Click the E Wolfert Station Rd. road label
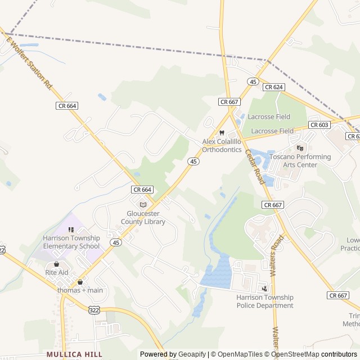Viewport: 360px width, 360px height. (29, 61)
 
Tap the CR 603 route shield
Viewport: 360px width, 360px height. (319, 125)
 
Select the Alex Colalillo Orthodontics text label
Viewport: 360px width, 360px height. (222, 146)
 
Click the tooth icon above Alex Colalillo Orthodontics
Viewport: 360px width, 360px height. (222, 133)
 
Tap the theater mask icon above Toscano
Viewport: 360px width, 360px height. (300, 148)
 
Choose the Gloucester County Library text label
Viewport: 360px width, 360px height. (143, 218)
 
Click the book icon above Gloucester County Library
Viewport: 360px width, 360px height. (142, 205)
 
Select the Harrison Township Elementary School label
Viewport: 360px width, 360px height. (71, 242)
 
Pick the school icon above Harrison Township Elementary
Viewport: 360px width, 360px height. (71, 229)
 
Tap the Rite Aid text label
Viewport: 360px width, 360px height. (57, 272)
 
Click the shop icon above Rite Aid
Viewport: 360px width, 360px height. (56, 264)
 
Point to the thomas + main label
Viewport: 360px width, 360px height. (80, 290)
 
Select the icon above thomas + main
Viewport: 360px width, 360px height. (80, 282)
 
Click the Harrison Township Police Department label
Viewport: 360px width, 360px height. (264, 301)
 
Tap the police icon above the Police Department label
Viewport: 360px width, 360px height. (264, 289)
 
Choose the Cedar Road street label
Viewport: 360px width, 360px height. (254, 167)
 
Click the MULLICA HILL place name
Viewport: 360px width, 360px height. (75, 354)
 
